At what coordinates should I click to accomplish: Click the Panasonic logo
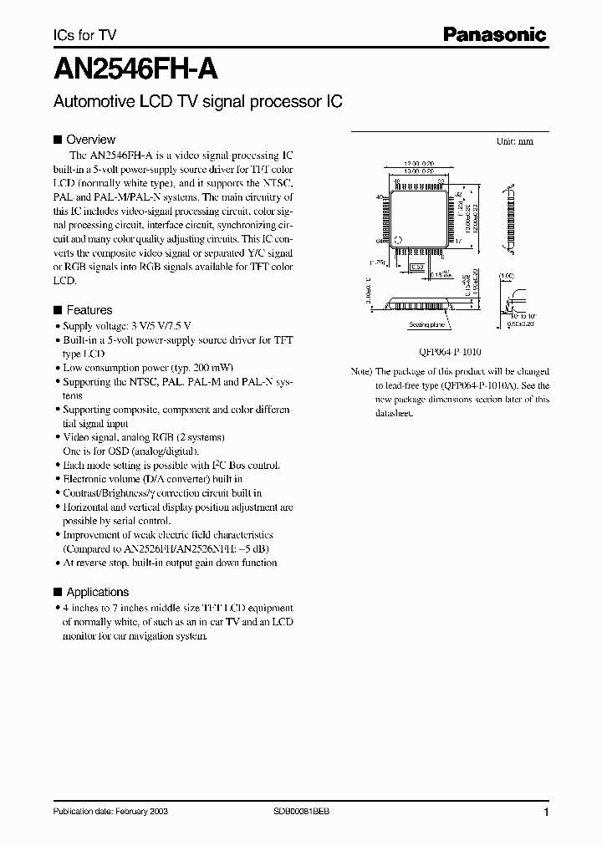(494, 34)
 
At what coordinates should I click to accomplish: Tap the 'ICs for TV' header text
(84, 35)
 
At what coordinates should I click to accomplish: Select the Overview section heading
(90, 140)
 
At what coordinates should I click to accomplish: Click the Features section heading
(89, 309)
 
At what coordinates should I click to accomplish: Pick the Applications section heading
(98, 591)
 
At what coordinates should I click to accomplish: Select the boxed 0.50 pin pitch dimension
(416, 267)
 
